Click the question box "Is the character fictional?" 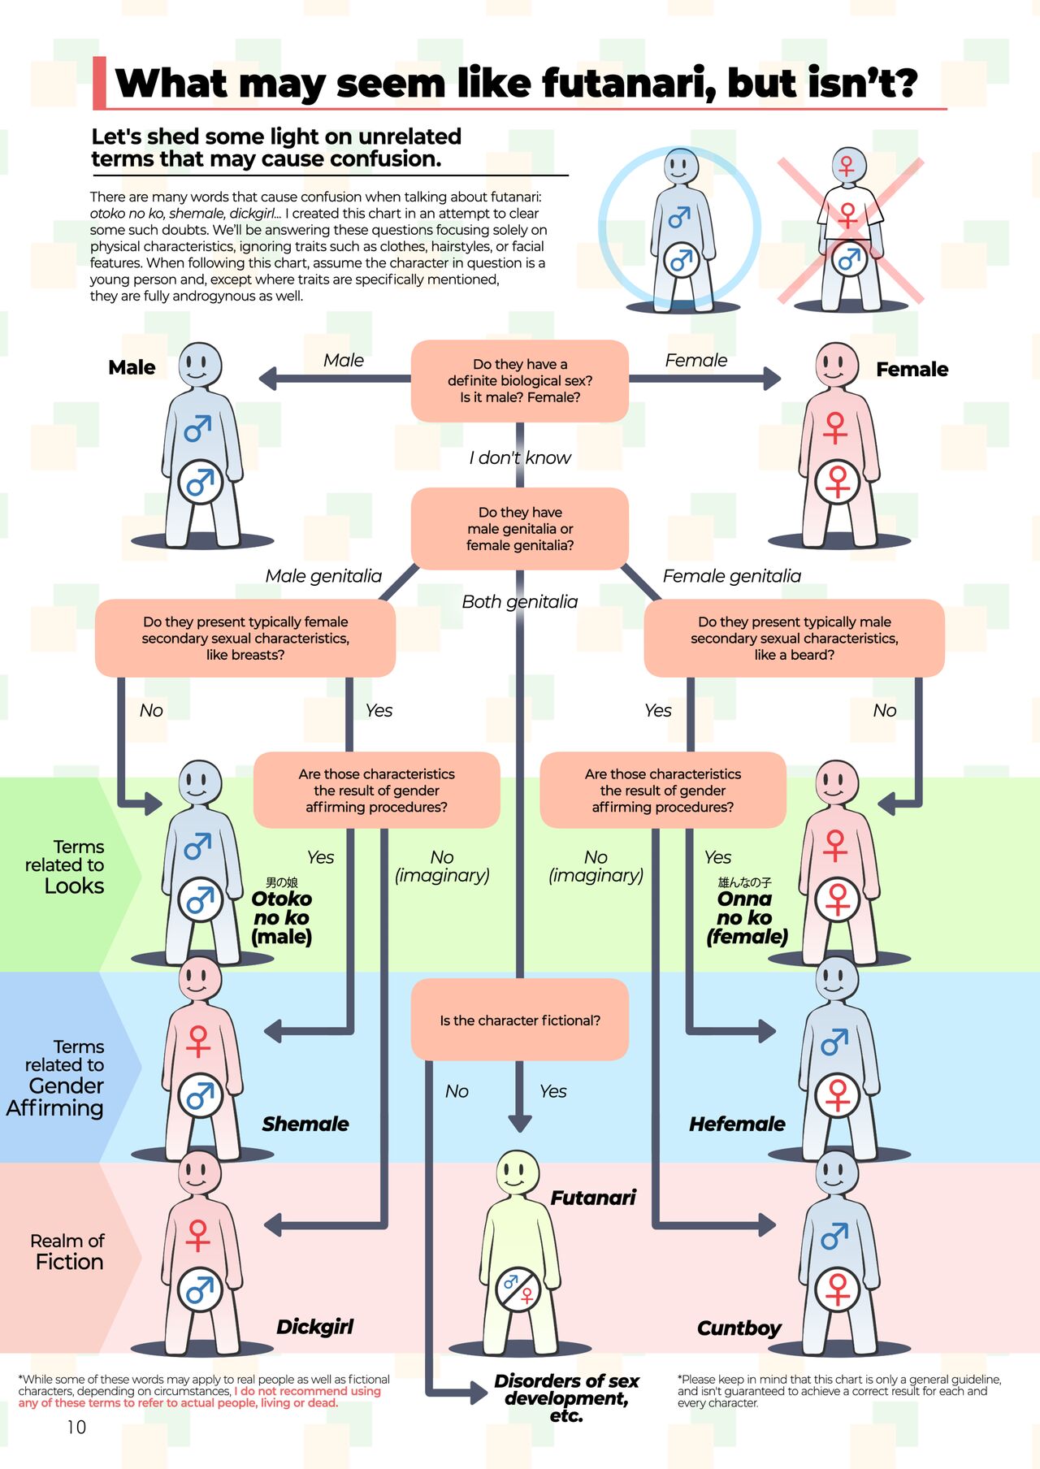coord(520,1020)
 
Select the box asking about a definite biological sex coord(520,380)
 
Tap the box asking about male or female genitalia coord(520,528)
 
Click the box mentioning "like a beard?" coord(794,638)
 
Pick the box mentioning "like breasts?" coord(245,638)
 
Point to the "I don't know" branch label coord(520,457)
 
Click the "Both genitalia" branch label coord(520,601)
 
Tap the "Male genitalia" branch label coord(323,576)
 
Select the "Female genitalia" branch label coord(731,576)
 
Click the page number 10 coord(76,1427)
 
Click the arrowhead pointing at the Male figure coord(268,378)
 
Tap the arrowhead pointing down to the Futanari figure coord(520,1124)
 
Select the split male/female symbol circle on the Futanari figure coord(518,1288)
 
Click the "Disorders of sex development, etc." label coord(566,1397)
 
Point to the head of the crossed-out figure coord(847,165)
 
